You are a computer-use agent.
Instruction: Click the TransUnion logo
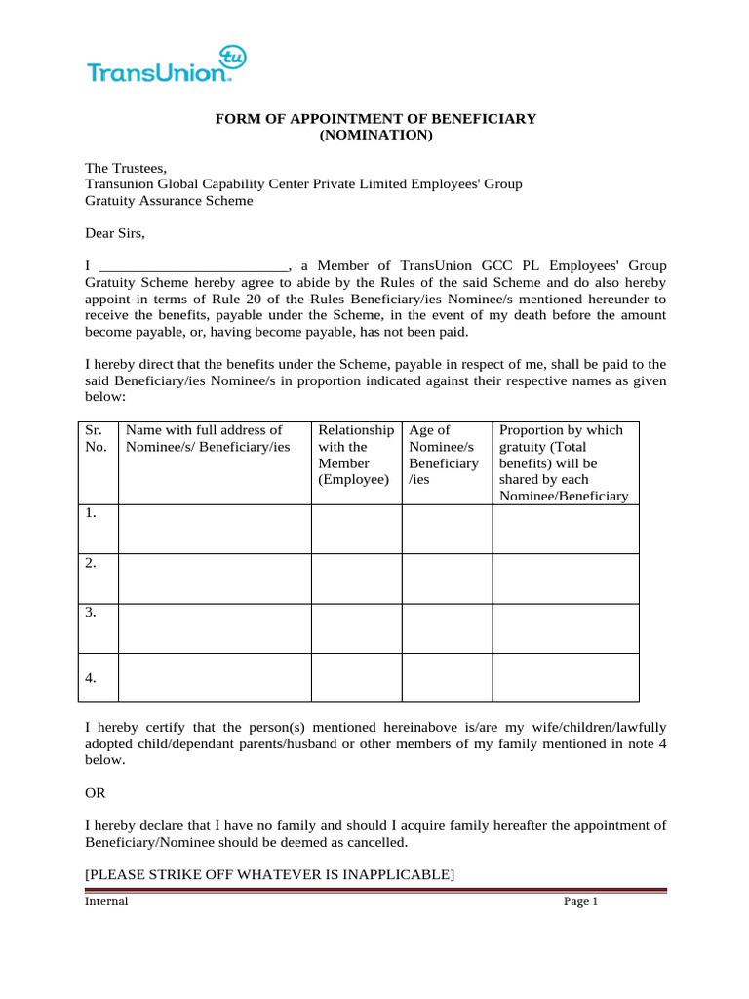[x=166, y=65]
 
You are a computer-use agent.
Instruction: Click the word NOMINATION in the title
[x=375, y=136]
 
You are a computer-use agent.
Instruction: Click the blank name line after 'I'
[x=194, y=265]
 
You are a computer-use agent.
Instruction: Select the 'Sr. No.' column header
[x=97, y=438]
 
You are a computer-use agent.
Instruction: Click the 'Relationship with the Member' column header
[x=356, y=455]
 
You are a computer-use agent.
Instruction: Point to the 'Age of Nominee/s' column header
[x=445, y=455]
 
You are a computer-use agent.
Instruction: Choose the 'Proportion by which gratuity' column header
[x=564, y=462]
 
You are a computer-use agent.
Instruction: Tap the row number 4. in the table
[x=91, y=678]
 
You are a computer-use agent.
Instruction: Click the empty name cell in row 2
[x=214, y=579]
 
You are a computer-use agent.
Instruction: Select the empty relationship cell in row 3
[x=356, y=628]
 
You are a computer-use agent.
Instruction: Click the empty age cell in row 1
[x=446, y=529]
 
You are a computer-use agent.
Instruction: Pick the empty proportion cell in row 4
[x=565, y=678]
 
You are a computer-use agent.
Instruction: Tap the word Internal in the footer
[x=106, y=901]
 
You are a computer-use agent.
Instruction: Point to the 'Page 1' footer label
[x=580, y=901]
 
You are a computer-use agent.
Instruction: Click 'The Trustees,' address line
[x=127, y=168]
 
